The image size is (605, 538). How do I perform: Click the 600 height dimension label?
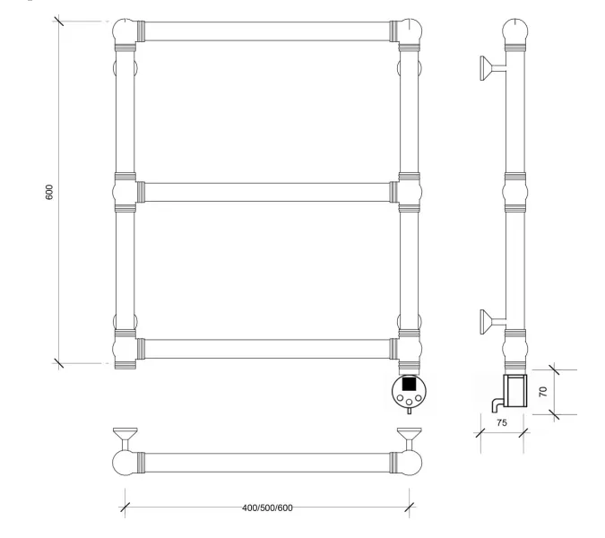[49, 192]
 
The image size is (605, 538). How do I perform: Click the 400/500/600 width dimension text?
[267, 508]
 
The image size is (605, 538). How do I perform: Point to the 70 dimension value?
[543, 392]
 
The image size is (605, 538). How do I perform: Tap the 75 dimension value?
[502, 423]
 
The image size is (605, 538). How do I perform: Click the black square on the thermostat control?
[409, 384]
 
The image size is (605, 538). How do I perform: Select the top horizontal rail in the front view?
[267, 31]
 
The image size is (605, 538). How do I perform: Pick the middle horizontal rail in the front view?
[267, 192]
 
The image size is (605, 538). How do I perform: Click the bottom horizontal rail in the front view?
[267, 349]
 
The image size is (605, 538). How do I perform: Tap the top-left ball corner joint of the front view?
[125, 30]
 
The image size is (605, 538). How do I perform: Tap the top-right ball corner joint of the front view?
[411, 30]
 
